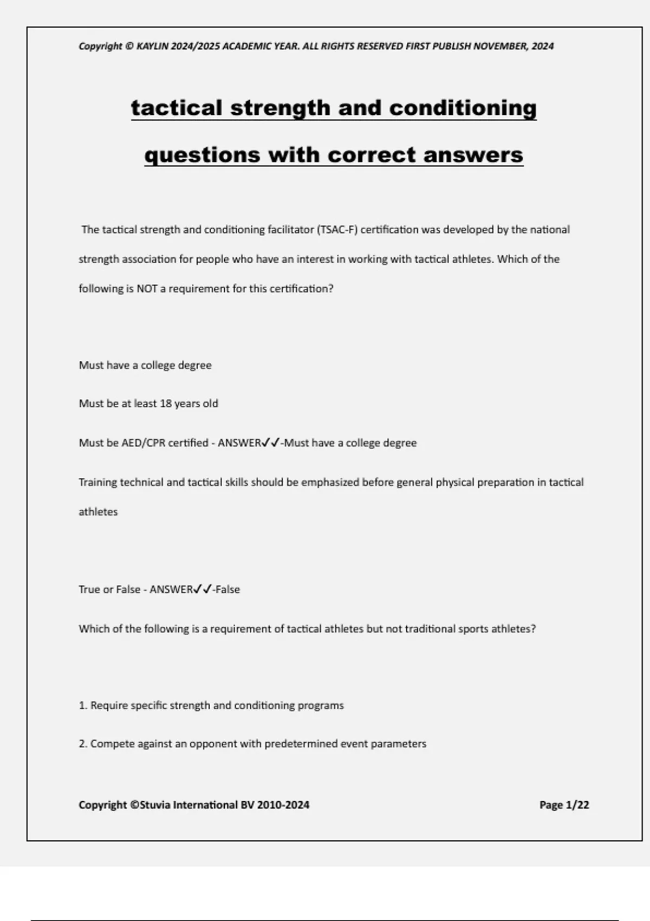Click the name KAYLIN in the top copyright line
click(152, 46)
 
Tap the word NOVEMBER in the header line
click(500, 46)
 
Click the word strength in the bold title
click(280, 108)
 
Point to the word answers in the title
click(473, 155)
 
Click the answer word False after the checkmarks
click(227, 589)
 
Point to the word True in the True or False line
click(89, 589)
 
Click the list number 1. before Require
click(83, 706)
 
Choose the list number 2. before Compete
click(83, 744)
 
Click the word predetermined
click(301, 744)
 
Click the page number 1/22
click(577, 805)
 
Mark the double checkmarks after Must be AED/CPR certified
click(271, 443)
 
